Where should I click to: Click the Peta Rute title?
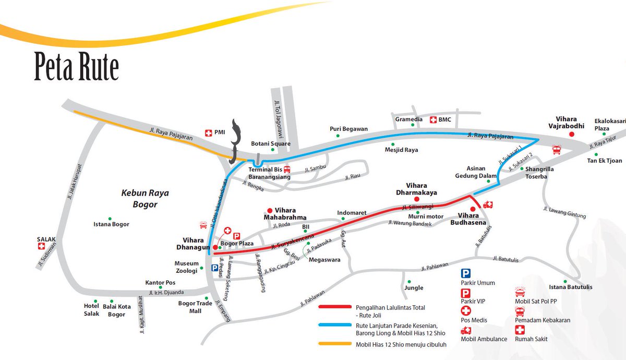click(x=77, y=67)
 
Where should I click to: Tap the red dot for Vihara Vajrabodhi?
click(x=571, y=134)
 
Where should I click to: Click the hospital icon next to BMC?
click(x=432, y=119)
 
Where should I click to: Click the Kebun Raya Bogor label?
click(x=138, y=199)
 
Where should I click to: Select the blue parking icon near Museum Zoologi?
click(x=214, y=268)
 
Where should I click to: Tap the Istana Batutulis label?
click(x=571, y=287)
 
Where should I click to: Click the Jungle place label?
click(x=414, y=287)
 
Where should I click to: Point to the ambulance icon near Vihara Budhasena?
click(x=488, y=205)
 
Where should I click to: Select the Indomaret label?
click(x=352, y=213)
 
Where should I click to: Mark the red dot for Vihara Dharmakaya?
click(x=416, y=199)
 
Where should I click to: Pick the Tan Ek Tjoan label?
click(x=605, y=161)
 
